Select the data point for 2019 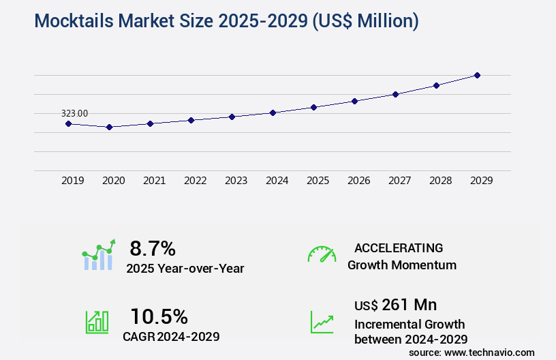(x=68, y=123)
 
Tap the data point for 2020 (x=109, y=127)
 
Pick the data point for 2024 (x=273, y=112)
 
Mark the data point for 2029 (x=477, y=75)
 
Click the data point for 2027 (x=395, y=94)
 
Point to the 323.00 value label (x=74, y=113)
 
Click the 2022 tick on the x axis (x=195, y=181)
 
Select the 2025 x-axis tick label (x=318, y=181)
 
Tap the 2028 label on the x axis (x=440, y=181)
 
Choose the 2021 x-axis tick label (x=154, y=181)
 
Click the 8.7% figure (x=153, y=248)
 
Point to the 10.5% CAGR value (x=159, y=316)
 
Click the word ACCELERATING (x=399, y=248)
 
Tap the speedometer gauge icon (x=322, y=254)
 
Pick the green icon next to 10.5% (x=96, y=322)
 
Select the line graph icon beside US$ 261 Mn (x=322, y=322)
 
